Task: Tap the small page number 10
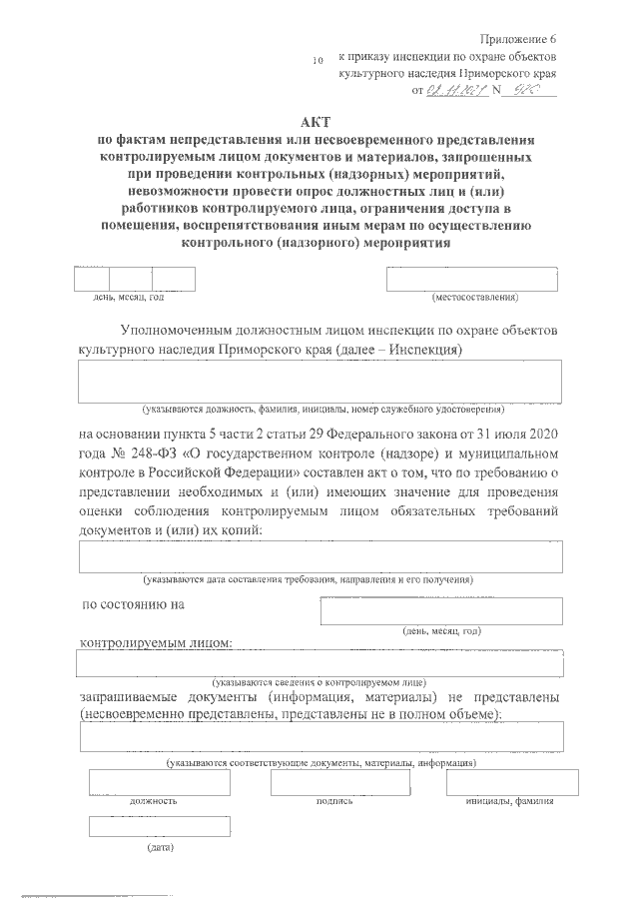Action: click(x=319, y=61)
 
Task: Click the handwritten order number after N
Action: click(x=529, y=90)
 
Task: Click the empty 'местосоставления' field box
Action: click(x=473, y=280)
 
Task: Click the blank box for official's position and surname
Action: click(x=320, y=382)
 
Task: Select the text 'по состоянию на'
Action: click(x=133, y=604)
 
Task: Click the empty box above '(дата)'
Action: click(x=160, y=827)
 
